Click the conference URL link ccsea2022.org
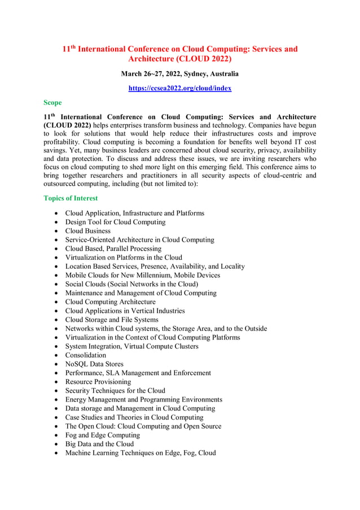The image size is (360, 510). [x=179, y=88]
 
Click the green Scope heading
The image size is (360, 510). [x=52, y=103]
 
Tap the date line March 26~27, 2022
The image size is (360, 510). [x=179, y=74]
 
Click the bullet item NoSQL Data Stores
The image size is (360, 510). [x=94, y=364]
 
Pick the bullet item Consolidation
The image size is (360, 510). [x=85, y=355]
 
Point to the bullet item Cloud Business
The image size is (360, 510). [x=87, y=231]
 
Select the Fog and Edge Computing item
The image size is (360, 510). [x=102, y=435]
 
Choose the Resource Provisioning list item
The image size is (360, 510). [x=98, y=382]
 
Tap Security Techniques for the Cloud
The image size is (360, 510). [x=115, y=391]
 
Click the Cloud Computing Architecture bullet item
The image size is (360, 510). [x=110, y=302]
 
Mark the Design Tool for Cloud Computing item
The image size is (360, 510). [x=115, y=222]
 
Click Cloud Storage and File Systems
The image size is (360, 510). [x=112, y=320]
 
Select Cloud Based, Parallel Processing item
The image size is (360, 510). [x=113, y=249]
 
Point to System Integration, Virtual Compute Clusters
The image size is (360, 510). [x=131, y=346]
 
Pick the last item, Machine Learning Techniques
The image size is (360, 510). [x=140, y=453]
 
